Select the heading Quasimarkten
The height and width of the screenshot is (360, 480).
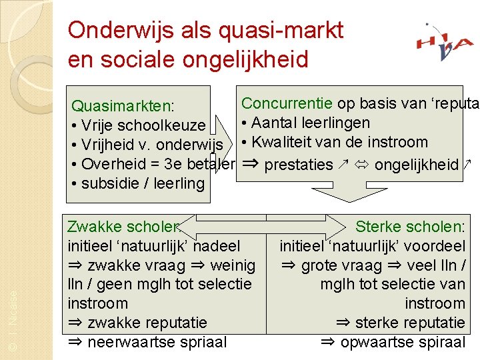click(x=123, y=106)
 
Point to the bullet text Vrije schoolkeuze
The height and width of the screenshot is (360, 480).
click(x=143, y=125)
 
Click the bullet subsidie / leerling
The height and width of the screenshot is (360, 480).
click(x=143, y=183)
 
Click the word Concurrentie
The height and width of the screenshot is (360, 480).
click(x=287, y=103)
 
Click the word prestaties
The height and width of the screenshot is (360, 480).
click(x=299, y=164)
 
